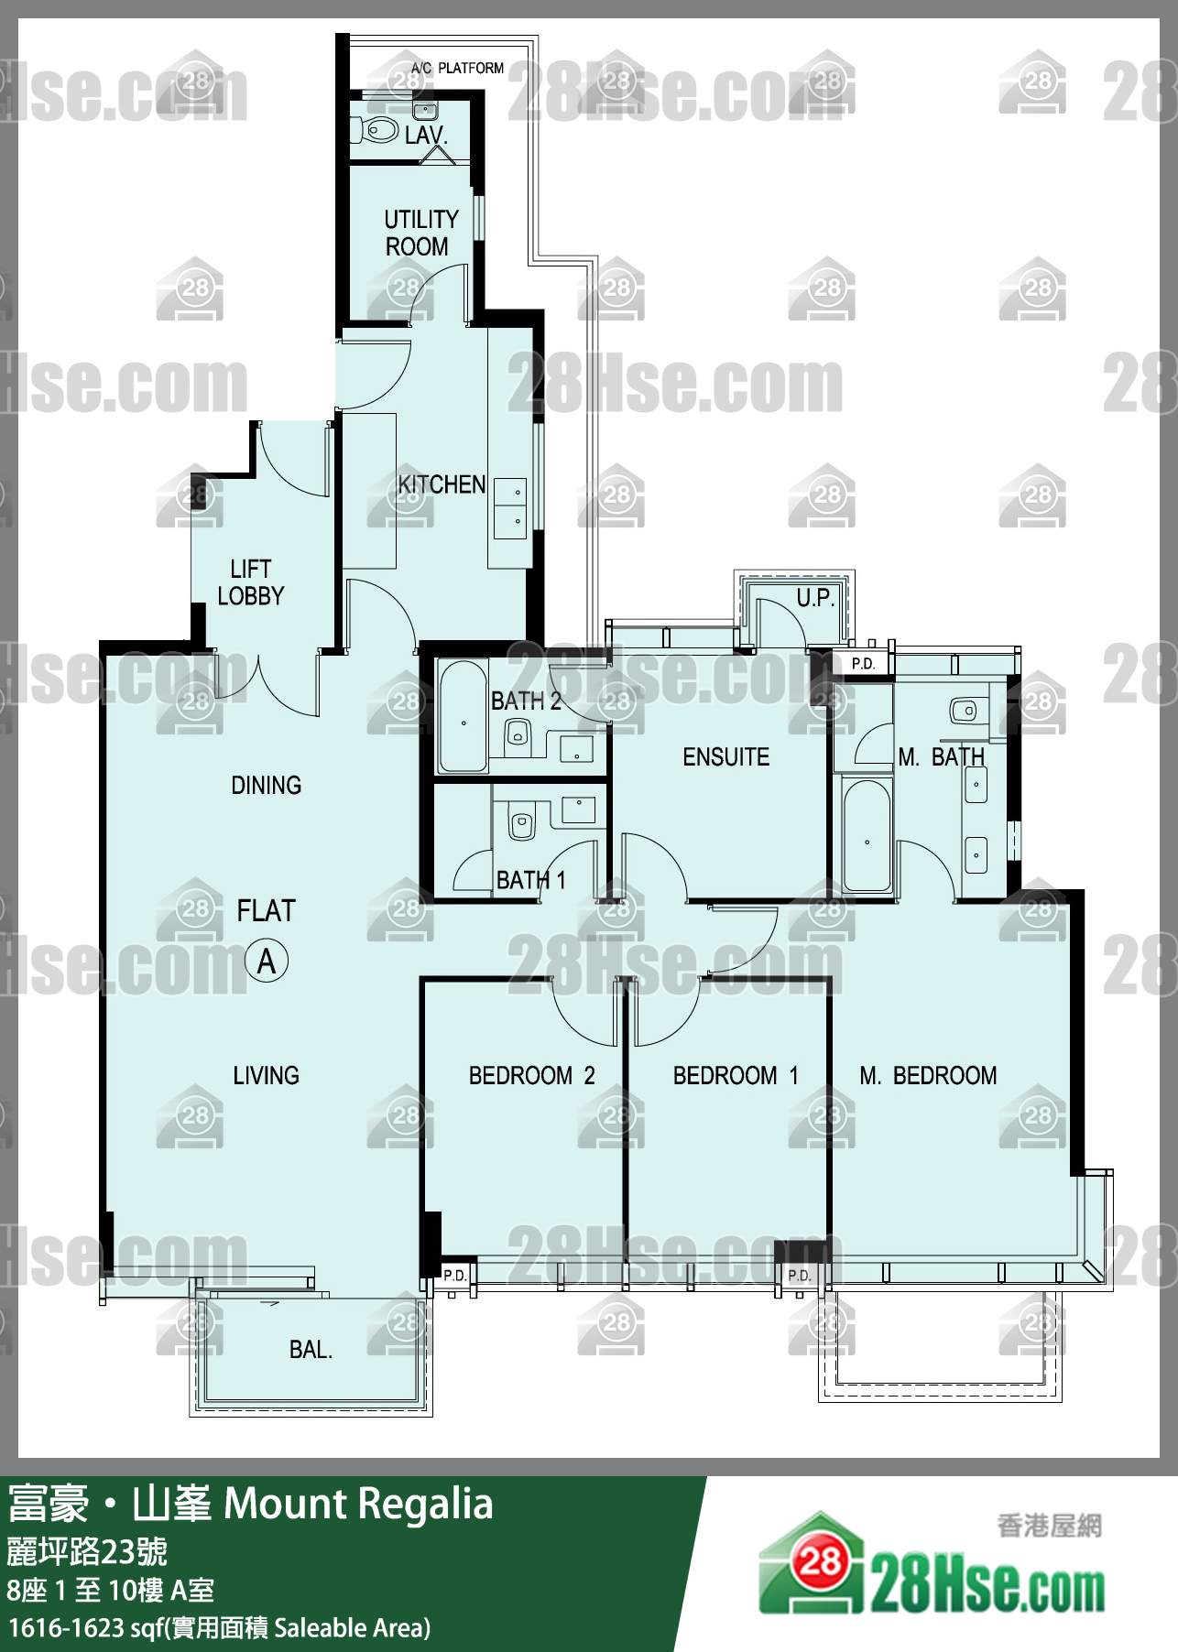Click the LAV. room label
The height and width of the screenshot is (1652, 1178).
(x=426, y=136)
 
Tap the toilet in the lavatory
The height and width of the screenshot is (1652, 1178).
(x=376, y=128)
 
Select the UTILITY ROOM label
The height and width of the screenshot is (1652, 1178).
(x=420, y=233)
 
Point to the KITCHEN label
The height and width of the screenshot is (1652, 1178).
(x=442, y=484)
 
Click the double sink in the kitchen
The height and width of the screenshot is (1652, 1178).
(x=510, y=508)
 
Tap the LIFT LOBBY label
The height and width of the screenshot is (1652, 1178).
(x=250, y=582)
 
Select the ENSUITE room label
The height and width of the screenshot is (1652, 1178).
(x=725, y=756)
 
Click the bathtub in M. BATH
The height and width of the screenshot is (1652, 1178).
(x=867, y=835)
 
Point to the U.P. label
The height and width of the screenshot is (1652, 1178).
(x=814, y=598)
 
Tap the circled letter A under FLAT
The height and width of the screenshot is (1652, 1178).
(x=267, y=962)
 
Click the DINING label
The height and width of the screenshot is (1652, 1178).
(x=266, y=785)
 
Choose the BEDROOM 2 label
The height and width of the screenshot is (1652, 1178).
(x=531, y=1075)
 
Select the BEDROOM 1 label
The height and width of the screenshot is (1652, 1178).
(x=736, y=1075)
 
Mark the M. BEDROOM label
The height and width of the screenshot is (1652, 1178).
(x=928, y=1075)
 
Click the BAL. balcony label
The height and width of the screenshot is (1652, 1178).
(x=311, y=1349)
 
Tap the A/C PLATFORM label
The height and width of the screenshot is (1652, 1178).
(x=457, y=68)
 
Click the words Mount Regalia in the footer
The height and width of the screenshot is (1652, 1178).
(x=358, y=1504)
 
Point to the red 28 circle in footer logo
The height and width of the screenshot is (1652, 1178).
(x=820, y=1560)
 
